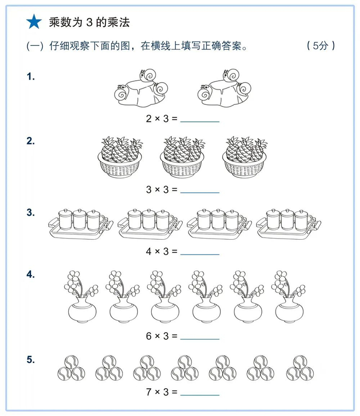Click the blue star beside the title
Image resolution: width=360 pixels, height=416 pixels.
[34, 22]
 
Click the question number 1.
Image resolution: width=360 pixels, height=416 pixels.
[31, 77]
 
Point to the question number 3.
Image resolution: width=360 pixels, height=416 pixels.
[31, 212]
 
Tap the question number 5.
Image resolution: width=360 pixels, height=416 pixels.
[31, 359]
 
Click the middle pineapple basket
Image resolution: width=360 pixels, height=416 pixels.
[182, 157]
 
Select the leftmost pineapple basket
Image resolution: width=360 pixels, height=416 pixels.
[119, 157]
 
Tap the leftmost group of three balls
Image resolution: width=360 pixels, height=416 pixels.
[69, 367]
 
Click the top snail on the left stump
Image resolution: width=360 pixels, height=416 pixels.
[149, 76]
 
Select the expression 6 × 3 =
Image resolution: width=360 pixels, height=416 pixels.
[161, 336]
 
